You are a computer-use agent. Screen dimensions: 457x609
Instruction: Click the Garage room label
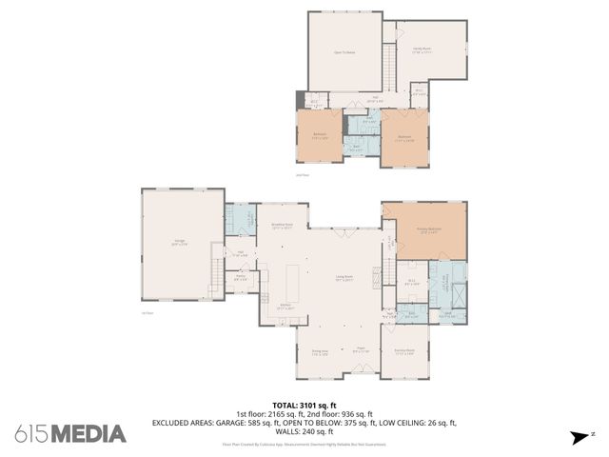point(179,243)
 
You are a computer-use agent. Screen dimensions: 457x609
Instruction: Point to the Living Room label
point(344,278)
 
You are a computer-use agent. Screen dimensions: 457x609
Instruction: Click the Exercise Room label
point(404,351)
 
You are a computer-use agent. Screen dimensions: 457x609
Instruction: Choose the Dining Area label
point(319,351)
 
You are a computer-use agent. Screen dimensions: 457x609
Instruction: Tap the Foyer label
point(361,349)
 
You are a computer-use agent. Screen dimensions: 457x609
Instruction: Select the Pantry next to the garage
point(241,278)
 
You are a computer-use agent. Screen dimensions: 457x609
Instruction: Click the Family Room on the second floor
point(422,50)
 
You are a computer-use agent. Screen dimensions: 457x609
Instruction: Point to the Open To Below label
point(344,52)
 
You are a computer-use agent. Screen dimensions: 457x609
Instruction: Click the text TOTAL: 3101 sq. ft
point(304,404)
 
